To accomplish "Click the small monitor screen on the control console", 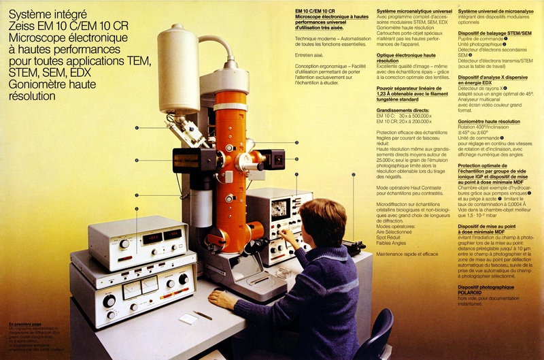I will pyautogui.click(x=280, y=209).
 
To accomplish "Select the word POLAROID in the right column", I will pyautogui.click(x=476, y=293).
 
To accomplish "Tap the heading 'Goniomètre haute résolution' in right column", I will pyautogui.click(x=489, y=122).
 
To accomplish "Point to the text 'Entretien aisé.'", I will pyautogui.click(x=309, y=54).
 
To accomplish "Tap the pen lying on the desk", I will pyautogui.click(x=203, y=315).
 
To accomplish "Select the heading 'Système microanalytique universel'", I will pyautogui.click(x=413, y=12).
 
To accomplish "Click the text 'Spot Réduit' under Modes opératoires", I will pyautogui.click(x=390, y=237).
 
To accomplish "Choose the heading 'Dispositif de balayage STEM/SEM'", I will pyautogui.click(x=494, y=33).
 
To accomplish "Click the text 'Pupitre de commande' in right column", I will pyautogui.click(x=480, y=39).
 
